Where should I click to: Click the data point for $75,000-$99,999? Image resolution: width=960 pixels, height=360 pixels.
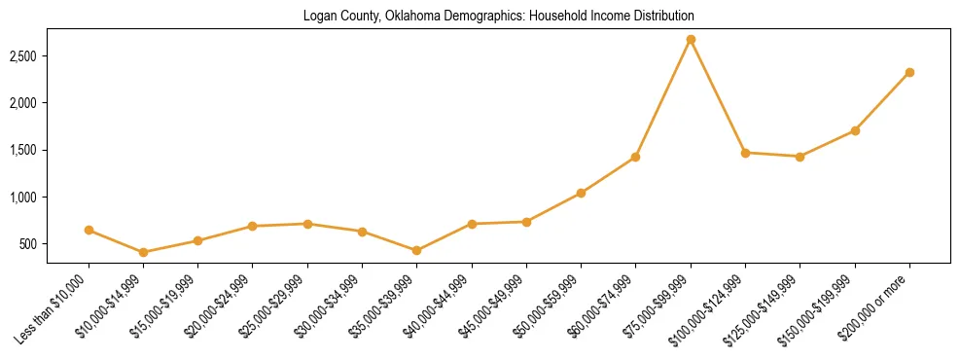[691, 40]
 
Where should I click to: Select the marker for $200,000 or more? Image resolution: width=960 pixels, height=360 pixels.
[909, 72]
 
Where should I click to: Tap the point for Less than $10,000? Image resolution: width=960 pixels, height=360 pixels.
[89, 231]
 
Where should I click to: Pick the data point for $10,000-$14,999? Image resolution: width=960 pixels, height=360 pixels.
[144, 252]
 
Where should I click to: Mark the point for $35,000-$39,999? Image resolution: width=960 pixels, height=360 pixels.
[417, 250]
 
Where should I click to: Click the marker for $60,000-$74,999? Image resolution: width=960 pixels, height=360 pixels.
[636, 157]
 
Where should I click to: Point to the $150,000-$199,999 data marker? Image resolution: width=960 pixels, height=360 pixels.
[855, 130]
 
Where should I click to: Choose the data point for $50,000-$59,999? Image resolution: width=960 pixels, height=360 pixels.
[581, 193]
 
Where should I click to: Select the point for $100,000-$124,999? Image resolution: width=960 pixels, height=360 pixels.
[745, 153]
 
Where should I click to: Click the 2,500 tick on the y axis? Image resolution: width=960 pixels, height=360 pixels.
[22, 56]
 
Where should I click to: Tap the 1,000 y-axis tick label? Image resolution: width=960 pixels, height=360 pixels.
[22, 198]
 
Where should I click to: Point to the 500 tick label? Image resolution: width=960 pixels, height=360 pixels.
[27, 244]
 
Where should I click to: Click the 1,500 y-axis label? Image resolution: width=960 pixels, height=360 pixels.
[22, 151]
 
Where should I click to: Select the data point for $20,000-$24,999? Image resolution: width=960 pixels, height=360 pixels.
[253, 226]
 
